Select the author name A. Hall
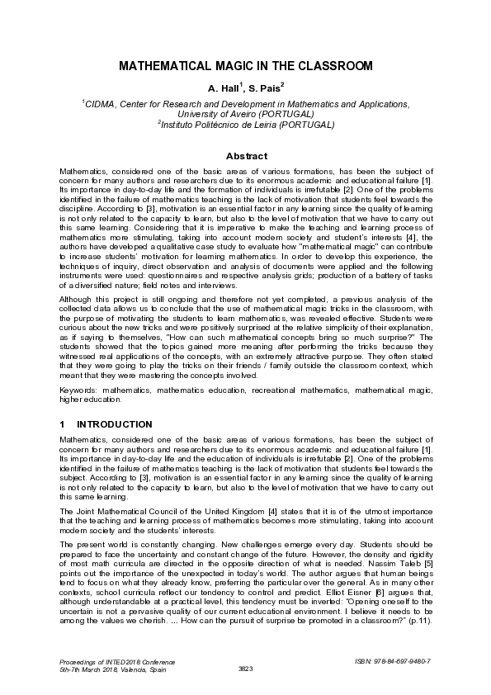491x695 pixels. [224, 87]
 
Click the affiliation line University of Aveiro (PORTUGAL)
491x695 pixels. [246, 115]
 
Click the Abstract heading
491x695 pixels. [246, 156]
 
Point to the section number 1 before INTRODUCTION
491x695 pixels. [62, 424]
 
